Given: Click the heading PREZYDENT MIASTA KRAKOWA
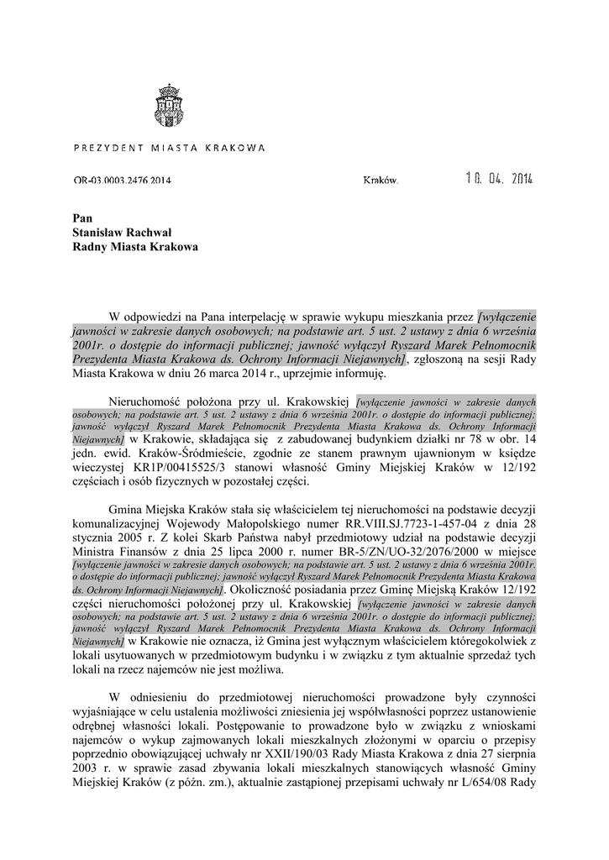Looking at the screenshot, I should (x=170, y=148).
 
